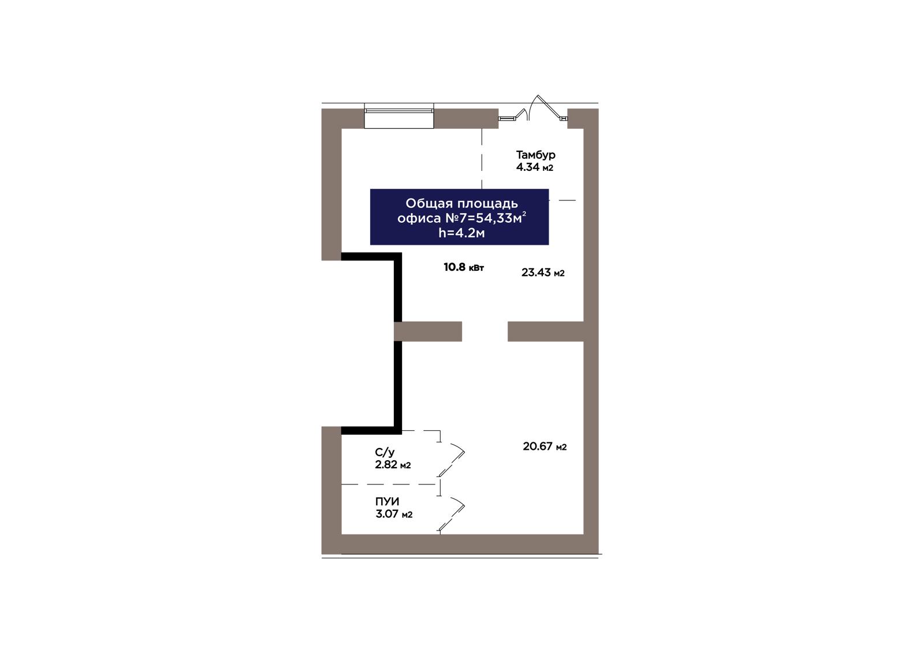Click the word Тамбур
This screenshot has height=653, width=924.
[535, 155]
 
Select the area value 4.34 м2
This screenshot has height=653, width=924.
[534, 167]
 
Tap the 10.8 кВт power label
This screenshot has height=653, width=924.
[464, 267]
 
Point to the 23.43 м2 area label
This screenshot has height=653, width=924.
[543, 273]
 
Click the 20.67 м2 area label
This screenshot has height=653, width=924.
[545, 446]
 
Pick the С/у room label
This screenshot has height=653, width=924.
[385, 453]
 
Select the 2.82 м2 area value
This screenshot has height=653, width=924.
[393, 465]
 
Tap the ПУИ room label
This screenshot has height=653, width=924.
[387, 502]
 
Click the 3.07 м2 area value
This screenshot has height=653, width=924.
[393, 514]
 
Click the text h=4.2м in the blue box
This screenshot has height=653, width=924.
[461, 233]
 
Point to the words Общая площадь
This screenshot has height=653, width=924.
[461, 203]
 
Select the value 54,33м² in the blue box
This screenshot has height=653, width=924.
[501, 218]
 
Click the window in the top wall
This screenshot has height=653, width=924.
[399, 115]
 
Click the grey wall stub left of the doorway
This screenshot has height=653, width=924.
[428, 331]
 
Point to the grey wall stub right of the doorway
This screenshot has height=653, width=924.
[545, 331]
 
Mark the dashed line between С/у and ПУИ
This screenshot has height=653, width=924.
[389, 484]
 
